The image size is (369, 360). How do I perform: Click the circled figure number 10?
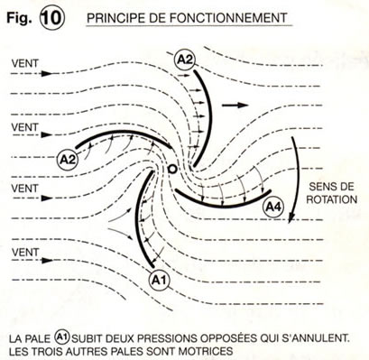click(x=51, y=19)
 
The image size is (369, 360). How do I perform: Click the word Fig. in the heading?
click(x=19, y=19)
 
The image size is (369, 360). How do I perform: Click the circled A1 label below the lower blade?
click(x=159, y=281)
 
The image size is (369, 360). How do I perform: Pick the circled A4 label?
click(x=272, y=208)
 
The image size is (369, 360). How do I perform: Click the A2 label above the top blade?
click(x=184, y=60)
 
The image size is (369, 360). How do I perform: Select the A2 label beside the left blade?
click(x=68, y=160)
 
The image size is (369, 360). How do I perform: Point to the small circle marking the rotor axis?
click(x=172, y=169)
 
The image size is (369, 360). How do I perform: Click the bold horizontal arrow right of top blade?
click(x=235, y=105)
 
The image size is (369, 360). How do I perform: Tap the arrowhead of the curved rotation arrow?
click(x=291, y=217)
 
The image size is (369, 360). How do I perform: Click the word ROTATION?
click(x=332, y=199)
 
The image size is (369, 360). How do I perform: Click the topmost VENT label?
click(x=25, y=63)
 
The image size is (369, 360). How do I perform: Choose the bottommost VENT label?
click(x=25, y=252)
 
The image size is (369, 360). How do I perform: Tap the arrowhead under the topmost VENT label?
click(x=47, y=73)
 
